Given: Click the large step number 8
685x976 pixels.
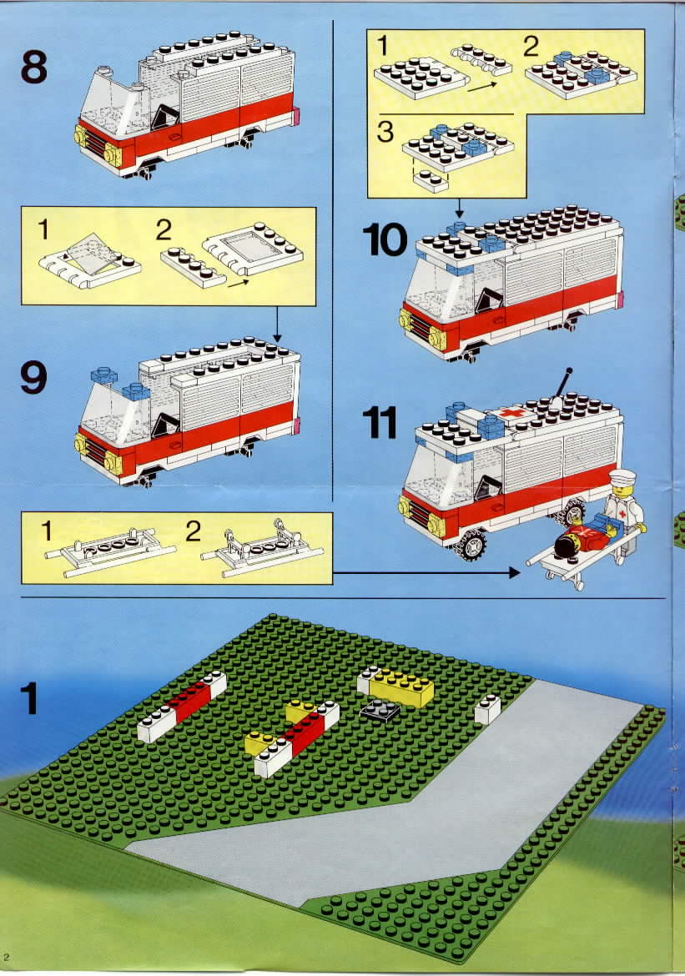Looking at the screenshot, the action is click(33, 68).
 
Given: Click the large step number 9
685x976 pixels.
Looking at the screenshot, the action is click(33, 377).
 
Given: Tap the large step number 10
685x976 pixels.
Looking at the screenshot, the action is click(385, 240).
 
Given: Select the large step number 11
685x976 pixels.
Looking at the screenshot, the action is click(380, 423).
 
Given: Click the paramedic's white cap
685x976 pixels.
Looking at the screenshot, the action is click(622, 477).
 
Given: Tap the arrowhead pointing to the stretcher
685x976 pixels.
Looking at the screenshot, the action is click(514, 572).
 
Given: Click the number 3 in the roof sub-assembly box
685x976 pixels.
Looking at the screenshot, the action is click(385, 133).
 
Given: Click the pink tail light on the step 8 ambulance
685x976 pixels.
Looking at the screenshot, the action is click(297, 116).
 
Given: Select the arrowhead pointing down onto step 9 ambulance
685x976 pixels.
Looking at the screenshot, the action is click(277, 338).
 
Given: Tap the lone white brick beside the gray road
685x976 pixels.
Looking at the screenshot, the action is click(487, 709).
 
